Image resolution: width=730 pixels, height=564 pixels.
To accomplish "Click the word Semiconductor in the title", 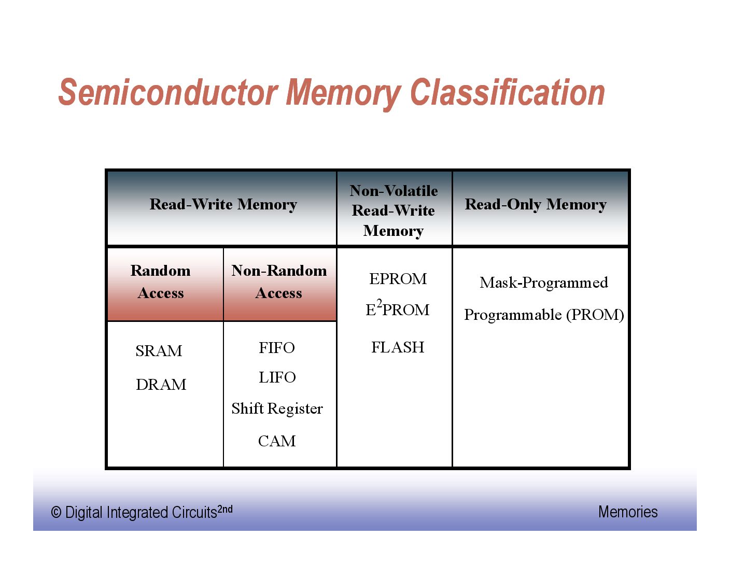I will pos(169,93).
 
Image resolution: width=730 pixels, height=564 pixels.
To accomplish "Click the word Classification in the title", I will pos(508,93).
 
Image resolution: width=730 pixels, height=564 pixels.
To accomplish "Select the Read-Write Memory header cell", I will pos(223,205).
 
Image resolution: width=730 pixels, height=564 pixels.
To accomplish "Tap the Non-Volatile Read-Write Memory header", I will pos(394,210).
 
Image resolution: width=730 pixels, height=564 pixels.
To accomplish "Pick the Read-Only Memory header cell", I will pos(536,205).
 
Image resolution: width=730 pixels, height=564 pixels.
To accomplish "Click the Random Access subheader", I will pos(161,282).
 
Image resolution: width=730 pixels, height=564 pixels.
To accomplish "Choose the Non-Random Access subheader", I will pos(279,282).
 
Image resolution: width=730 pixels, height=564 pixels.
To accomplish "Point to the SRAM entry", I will pos(159,351).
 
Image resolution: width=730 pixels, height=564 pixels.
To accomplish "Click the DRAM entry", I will pos(161,385).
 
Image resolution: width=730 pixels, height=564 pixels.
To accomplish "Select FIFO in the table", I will pos(277,348).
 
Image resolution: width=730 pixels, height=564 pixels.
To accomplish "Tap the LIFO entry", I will pos(277,377).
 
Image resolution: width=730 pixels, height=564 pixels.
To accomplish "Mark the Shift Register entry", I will pos(277,409).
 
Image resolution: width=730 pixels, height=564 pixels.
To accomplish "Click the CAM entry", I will pos(277,441).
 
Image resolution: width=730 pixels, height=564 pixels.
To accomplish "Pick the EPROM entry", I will pos(398,279).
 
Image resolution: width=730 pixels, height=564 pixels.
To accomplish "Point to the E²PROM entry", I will pos(398,309).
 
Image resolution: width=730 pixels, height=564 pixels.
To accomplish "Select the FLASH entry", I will pos(398,347).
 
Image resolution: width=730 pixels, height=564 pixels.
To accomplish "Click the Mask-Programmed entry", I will pos(543,283).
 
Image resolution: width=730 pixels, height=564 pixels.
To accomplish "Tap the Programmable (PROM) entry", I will pos(544,315).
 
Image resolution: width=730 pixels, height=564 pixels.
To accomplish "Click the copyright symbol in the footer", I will pos(56,513).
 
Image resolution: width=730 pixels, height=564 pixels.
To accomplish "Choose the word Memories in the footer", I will pos(628,512).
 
